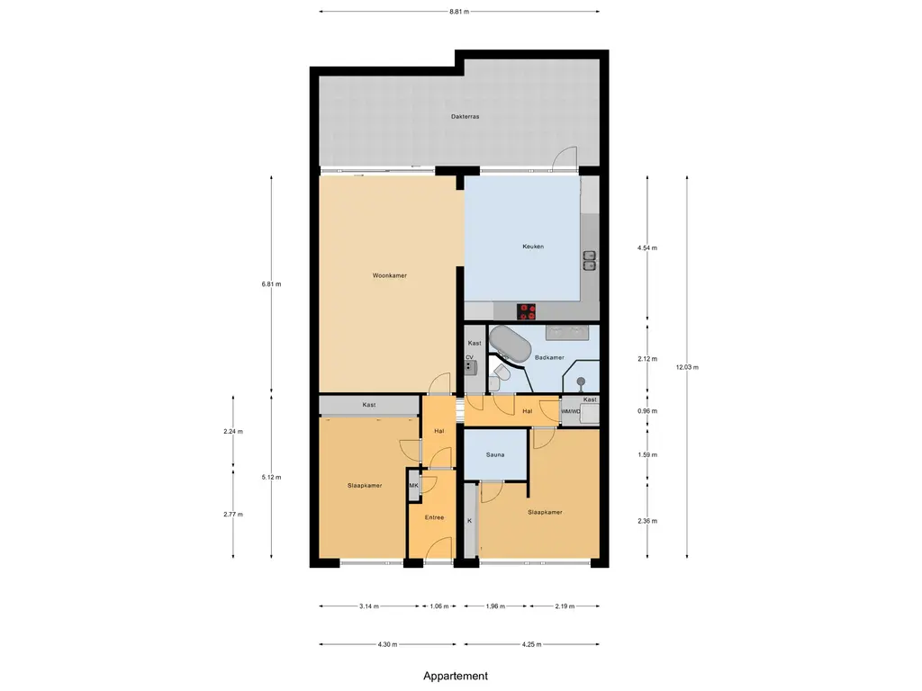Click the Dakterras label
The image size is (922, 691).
pos(464,117)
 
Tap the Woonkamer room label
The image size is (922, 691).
pos(390,275)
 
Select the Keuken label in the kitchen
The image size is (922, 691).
pos(533,247)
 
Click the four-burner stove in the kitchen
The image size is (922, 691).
pos(527,311)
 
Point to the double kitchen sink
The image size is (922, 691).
pos(589,260)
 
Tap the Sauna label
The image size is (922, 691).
pos(495,454)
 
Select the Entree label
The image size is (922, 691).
pos(434,516)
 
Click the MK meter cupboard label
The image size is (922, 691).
pos(414,487)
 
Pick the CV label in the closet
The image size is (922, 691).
pos(469,357)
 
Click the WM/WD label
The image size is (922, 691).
pos(571,412)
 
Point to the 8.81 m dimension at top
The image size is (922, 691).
pos(459,12)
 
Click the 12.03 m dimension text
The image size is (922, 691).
pos(688,367)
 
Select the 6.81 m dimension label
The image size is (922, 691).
pos(272,283)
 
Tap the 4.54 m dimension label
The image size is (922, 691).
pos(646,247)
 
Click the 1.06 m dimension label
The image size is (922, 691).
pos(438,606)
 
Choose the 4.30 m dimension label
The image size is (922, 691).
pos(387,644)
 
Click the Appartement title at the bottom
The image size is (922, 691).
pos(456,676)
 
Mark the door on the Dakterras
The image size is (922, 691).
pos(565,159)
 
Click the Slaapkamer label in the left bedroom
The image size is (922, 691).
pos(365,485)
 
